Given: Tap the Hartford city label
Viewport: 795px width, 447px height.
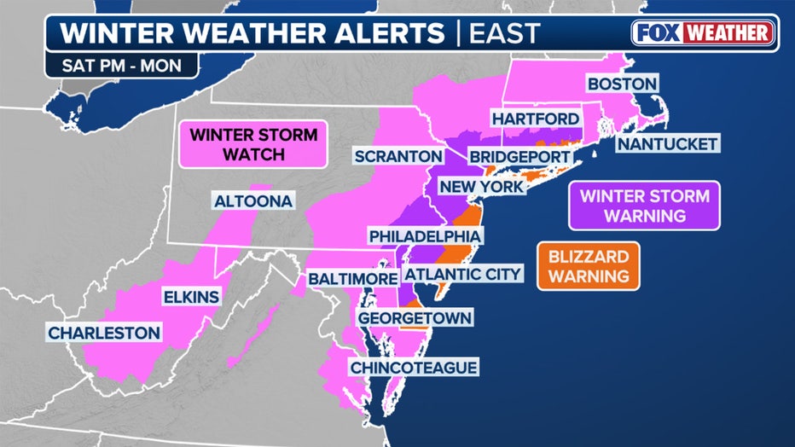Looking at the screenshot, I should coord(535,118).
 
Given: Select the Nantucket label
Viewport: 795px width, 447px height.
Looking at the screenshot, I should coord(668,144).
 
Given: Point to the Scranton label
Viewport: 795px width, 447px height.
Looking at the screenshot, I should coord(397,157).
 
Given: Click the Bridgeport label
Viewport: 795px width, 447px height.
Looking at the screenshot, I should coord(518,157).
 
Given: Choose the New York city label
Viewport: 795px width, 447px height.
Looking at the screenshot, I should coord(480,186).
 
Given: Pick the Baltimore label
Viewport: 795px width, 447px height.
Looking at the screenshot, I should coord(352,279).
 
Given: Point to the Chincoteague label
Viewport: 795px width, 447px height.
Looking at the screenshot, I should coord(412,368).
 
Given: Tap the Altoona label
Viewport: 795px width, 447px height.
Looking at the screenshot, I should coord(253,201).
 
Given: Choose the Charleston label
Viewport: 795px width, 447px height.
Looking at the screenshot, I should coord(104,333).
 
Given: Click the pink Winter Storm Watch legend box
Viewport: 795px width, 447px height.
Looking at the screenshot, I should coord(253,143).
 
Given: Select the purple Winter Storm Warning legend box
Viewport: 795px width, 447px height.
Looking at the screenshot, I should coord(644,206).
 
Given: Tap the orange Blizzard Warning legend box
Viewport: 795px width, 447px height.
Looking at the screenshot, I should coord(589,266).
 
